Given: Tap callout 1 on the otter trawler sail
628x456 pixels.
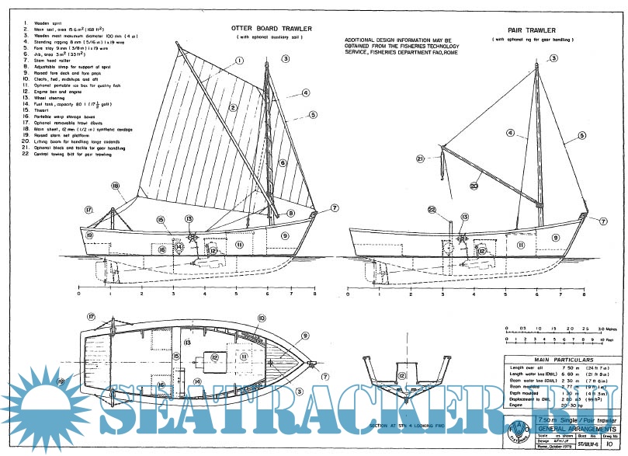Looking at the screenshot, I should (239, 61).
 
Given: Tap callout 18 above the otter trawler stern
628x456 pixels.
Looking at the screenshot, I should (115, 186).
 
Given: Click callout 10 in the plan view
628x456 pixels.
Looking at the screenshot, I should (261, 319).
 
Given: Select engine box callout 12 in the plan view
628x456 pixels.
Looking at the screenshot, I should (213, 357).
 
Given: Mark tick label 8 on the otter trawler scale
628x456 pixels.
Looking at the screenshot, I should (314, 295).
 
